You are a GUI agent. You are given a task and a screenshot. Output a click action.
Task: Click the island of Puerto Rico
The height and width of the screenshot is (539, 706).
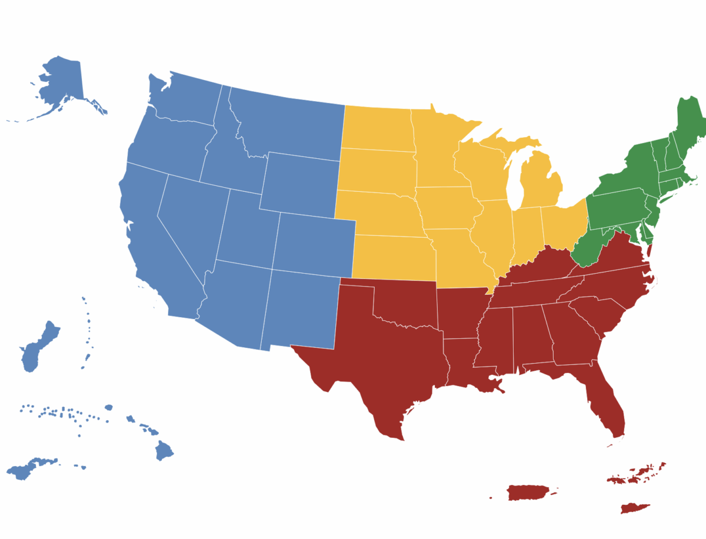click(x=527, y=492)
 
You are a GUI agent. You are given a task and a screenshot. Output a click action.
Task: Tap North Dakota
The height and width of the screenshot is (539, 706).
click(x=377, y=127)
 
